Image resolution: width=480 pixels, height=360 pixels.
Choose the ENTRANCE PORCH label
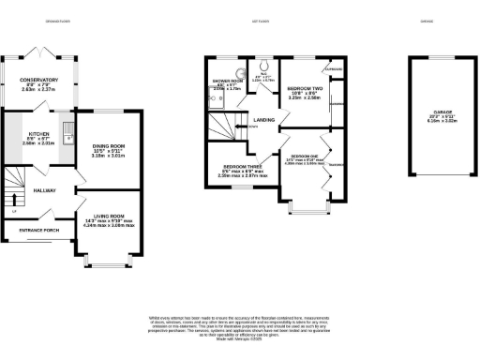(39, 229)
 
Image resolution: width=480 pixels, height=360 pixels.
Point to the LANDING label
(264, 118)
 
